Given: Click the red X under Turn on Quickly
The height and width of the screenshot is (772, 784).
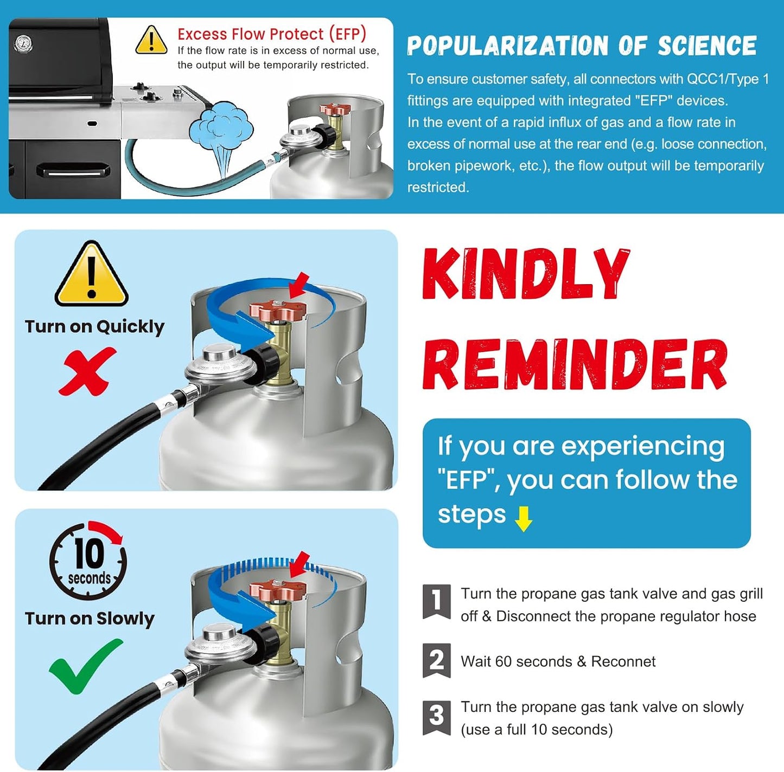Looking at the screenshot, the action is tap(87, 371).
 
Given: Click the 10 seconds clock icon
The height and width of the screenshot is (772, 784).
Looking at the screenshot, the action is tap(88, 559).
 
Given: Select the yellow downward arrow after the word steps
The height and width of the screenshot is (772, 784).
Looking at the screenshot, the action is tap(523, 519).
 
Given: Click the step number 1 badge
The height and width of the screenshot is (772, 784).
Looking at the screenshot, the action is tap(436, 602).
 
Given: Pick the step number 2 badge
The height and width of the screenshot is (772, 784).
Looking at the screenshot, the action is tap(436, 661).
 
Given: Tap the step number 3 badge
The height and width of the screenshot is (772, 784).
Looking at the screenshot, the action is tap(436, 718).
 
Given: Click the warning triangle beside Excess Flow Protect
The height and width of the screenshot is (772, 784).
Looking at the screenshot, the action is tap(151, 40).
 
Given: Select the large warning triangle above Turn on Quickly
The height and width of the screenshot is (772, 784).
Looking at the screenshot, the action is tap(92, 273).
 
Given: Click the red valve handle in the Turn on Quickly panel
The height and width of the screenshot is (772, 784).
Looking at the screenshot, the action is tap(278, 311).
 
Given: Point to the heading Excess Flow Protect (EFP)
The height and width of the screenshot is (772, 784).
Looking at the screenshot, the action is tap(272, 34).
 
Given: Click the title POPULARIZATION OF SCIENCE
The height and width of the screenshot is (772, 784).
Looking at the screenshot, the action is tap(582, 46).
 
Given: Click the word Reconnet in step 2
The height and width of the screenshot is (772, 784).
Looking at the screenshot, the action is tap(623, 661).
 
